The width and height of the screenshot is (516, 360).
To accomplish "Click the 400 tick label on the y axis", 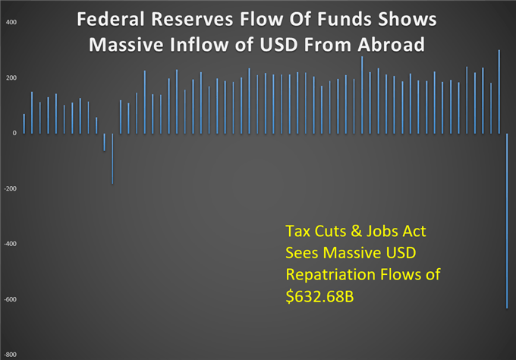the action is click(11, 22).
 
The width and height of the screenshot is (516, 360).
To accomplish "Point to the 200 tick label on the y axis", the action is click(11, 77).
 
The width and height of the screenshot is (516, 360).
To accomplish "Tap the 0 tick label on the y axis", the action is click(14, 133).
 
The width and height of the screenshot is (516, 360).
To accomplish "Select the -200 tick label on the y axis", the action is click(10, 188).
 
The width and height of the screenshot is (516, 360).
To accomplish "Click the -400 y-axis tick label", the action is click(10, 244).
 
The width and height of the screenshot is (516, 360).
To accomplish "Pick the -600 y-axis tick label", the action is click(10, 299).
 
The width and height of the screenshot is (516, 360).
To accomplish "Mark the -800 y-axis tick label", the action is click(10, 355).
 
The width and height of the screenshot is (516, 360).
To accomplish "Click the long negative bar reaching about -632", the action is click(507, 221).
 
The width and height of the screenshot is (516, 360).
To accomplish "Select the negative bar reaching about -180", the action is click(112, 159).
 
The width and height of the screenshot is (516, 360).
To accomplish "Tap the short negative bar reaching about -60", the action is click(105, 142).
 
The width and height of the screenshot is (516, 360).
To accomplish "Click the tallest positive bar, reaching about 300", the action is click(499, 92).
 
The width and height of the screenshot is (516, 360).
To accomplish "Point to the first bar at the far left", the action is click(24, 124).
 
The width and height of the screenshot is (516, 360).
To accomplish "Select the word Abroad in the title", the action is click(392, 45).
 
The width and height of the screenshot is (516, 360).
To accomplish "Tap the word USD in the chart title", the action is click(279, 45).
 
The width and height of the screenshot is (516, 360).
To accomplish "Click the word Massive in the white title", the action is click(126, 45).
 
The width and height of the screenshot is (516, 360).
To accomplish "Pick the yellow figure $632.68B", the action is click(320, 296).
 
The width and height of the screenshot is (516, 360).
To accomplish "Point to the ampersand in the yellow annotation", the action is click(356, 231).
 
